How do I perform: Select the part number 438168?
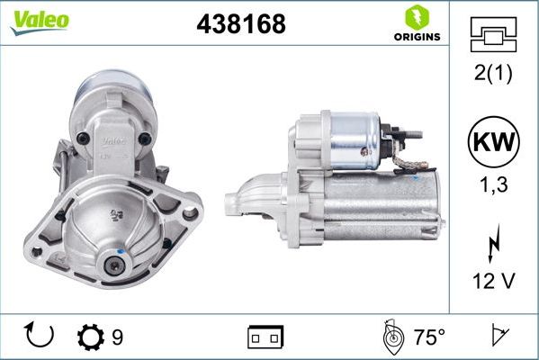[x=241, y=24]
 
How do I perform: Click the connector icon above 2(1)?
[x=493, y=35]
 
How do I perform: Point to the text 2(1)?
[x=493, y=74]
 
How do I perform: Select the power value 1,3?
[x=493, y=185]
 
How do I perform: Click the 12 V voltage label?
[x=493, y=281]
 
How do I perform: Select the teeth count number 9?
[x=117, y=337]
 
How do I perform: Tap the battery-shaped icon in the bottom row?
[x=265, y=337]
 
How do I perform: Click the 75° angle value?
[x=429, y=337]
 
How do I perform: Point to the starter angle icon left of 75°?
[x=393, y=337]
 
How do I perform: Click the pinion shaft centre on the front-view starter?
[x=115, y=265]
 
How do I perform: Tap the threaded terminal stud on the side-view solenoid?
[x=416, y=137]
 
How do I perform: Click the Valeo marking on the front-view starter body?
[x=112, y=140]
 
